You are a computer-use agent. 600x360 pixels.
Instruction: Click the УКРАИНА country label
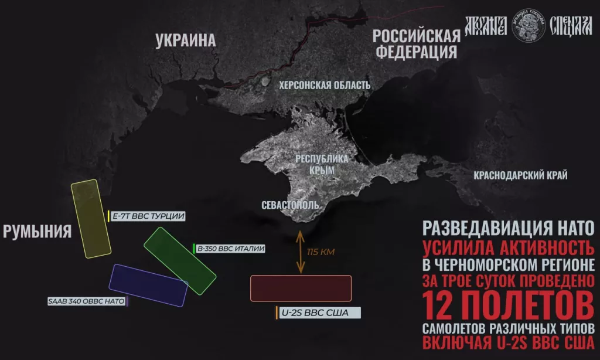(x=185, y=40)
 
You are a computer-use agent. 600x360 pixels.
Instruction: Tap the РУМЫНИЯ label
(x=37, y=231)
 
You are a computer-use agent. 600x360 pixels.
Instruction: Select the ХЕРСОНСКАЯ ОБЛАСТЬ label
(x=325, y=86)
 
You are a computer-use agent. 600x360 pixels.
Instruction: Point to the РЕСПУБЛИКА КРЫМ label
(x=322, y=164)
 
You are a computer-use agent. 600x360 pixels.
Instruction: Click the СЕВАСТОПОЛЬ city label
(x=291, y=205)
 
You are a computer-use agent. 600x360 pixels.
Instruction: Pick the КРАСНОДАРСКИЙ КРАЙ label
(x=520, y=175)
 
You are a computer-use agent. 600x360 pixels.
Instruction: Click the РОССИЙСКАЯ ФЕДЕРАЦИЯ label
(x=417, y=43)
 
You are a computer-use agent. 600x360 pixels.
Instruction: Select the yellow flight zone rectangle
(x=91, y=219)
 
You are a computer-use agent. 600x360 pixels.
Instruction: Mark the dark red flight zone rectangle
(x=301, y=288)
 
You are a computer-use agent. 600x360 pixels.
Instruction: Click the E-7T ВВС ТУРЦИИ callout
(x=148, y=216)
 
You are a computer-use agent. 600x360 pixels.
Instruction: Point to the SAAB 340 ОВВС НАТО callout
(x=87, y=301)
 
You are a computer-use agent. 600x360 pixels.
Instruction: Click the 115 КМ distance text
(x=320, y=252)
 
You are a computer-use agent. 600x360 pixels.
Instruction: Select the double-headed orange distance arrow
(x=300, y=252)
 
